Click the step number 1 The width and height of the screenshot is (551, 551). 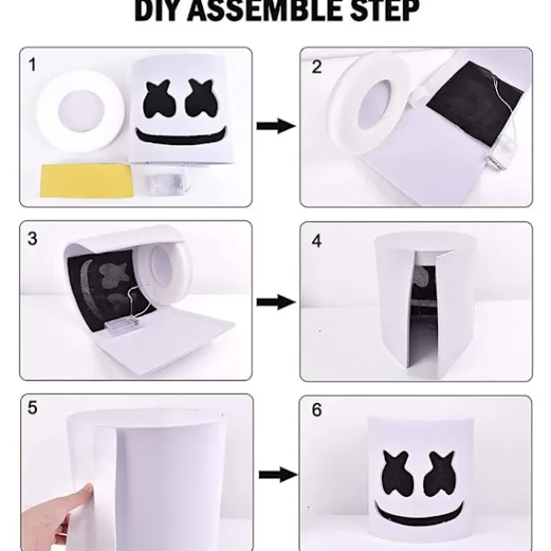[x=34, y=65]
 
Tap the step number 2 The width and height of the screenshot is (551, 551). [x=317, y=66]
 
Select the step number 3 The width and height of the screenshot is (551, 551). [x=33, y=239]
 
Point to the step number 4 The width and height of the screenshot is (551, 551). [x=317, y=242]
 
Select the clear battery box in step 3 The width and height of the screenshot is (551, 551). [x=120, y=327]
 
